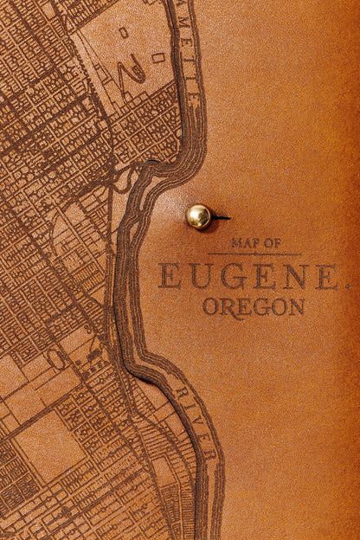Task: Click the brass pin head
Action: click(198, 216)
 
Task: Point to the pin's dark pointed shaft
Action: click(221, 216)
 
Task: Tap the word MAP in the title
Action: click(243, 243)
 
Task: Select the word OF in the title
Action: click(272, 243)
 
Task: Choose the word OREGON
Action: click(253, 307)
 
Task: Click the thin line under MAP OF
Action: click(254, 254)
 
